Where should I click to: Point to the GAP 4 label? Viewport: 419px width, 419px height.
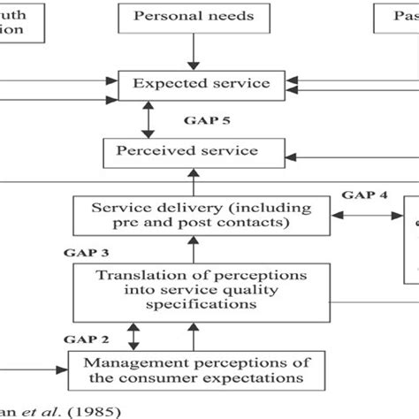tap(365, 196)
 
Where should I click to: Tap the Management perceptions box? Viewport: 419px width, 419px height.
tap(194, 368)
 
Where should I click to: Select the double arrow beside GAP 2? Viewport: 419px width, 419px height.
tap(133, 337)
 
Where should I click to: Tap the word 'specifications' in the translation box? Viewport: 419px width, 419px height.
tap(194, 306)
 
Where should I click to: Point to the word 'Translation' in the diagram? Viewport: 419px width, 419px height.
tap(135, 274)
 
